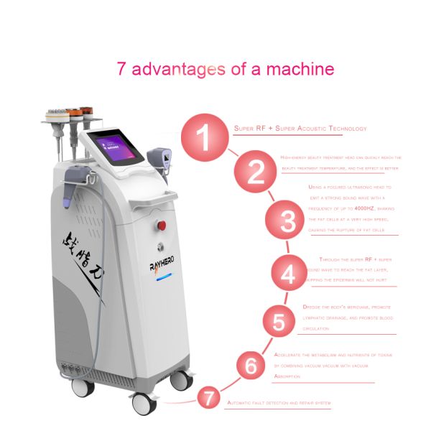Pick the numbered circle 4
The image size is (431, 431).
point(288,274)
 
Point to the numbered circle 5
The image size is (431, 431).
point(278,321)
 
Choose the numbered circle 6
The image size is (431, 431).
point(251,365)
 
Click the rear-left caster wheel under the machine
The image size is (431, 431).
point(83,387)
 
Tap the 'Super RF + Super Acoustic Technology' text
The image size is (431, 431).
point(300,129)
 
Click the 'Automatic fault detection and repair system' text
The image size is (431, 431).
point(279,404)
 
